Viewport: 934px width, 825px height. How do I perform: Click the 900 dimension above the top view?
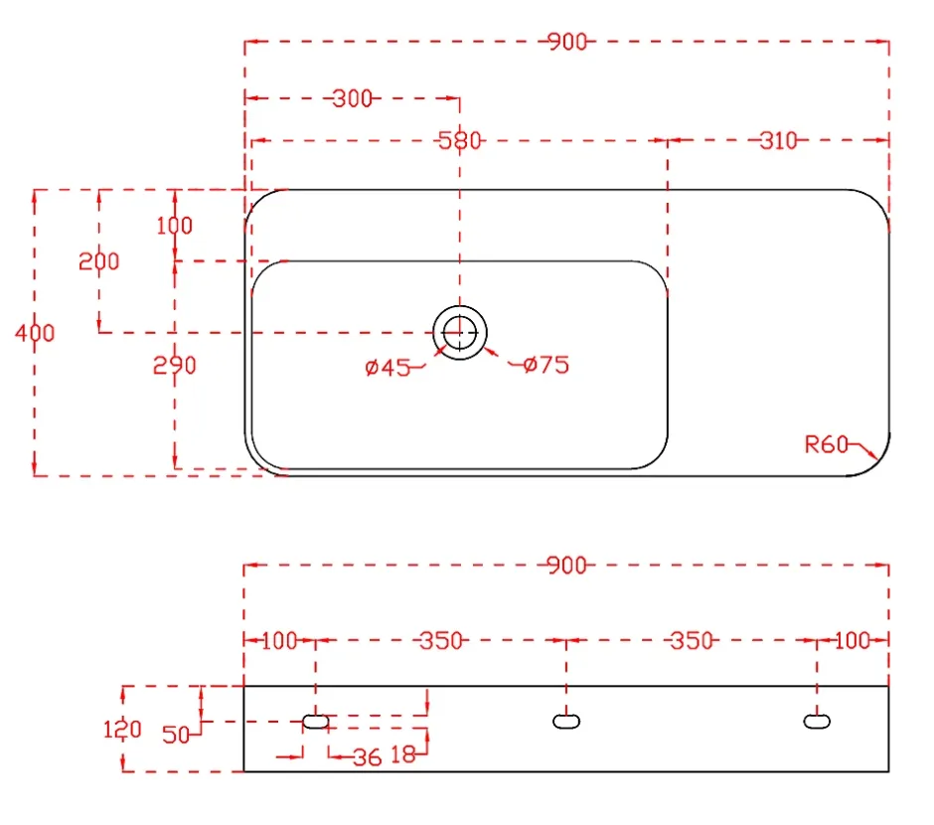567,42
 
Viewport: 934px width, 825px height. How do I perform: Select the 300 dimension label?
353,98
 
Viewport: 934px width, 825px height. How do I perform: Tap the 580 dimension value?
459,141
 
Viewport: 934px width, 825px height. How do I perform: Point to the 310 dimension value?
778,141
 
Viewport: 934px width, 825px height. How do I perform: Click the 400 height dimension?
35,332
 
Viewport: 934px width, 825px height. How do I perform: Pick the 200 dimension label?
99,260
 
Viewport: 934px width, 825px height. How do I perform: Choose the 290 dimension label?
175,365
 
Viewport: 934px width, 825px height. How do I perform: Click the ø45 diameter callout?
388,368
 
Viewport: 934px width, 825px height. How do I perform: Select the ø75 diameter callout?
546,365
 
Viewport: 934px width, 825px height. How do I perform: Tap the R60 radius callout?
826,444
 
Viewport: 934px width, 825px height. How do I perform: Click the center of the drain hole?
460,332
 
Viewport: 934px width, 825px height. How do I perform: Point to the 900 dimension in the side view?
566,565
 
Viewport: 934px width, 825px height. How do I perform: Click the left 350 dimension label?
441,641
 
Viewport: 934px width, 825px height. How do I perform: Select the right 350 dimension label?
692,641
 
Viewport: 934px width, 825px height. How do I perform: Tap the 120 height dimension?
122,730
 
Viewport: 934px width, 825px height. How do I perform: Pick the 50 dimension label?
176,735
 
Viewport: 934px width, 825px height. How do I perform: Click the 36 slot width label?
367,757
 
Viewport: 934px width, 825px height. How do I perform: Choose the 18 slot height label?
403,754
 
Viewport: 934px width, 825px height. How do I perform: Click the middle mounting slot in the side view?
566,722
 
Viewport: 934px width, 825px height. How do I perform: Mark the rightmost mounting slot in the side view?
817,722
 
